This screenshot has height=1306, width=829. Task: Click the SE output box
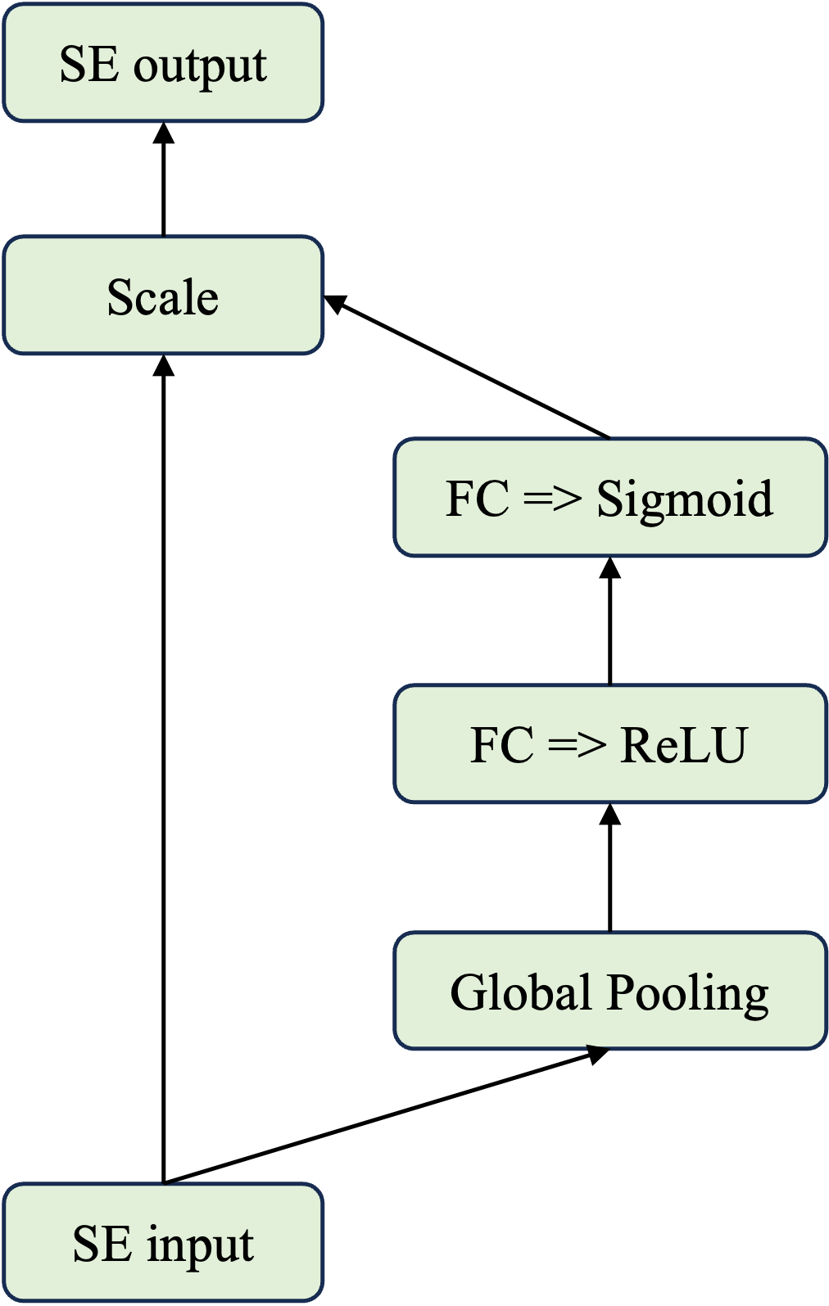163,63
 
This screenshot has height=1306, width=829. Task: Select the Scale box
163,296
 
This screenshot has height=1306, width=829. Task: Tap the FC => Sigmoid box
609,498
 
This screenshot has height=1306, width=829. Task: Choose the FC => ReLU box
609,744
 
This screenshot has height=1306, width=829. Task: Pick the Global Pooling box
609,991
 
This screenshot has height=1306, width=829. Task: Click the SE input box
163,1243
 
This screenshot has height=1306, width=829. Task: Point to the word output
200,66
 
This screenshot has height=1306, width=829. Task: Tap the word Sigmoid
684,499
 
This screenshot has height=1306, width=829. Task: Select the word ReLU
684,745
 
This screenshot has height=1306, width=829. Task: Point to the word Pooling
688,993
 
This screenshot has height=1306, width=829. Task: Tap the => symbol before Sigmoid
552,498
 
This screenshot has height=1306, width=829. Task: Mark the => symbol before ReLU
577,745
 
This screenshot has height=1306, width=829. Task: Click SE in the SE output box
88,64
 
